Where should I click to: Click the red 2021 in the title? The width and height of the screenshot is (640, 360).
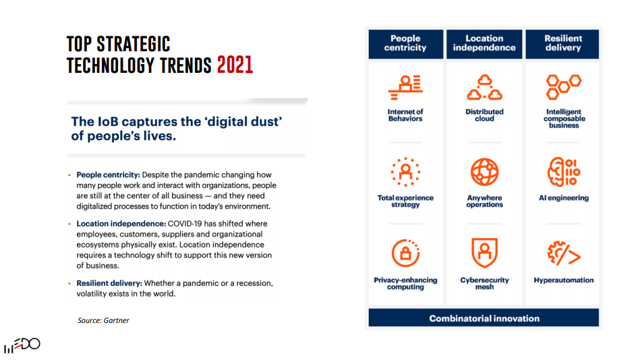pos(235,65)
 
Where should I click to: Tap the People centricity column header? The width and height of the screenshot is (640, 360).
pos(405,44)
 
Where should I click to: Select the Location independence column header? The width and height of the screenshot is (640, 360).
pos(484,44)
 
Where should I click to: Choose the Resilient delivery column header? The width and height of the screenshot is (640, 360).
pos(562,44)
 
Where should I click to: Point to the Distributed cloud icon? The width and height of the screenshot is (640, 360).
pos(484,88)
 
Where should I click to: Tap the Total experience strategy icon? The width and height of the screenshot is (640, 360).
pos(405,172)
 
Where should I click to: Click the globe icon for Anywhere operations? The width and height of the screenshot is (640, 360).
pos(484,172)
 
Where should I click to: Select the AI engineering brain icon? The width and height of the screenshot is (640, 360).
pos(564,172)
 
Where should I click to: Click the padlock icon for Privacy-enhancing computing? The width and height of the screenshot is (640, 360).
pos(405,253)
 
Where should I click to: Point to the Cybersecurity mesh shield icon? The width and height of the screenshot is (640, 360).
pos(484,253)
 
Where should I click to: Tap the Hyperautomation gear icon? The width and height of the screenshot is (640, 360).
pos(564,253)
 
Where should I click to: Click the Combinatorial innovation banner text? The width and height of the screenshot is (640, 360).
pos(484,318)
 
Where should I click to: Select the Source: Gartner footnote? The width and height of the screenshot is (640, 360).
pos(103,320)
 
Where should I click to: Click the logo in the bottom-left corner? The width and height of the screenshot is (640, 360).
pos(22,345)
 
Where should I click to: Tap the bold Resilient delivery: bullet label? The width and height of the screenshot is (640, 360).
pos(109,283)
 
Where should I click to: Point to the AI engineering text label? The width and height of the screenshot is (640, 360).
pos(564,198)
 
